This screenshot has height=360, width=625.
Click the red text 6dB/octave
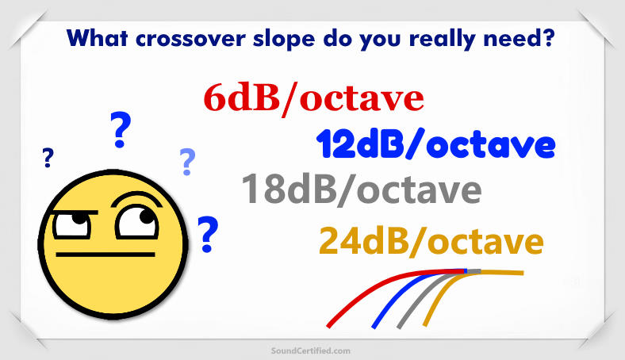coord(313,99)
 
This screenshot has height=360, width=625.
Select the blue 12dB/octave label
coord(435,145)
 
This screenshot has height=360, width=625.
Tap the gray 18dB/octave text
coord(361,190)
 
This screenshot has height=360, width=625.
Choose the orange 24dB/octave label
coord(431,239)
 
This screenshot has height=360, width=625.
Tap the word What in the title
coord(95,36)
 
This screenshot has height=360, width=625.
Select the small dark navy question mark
coord(48,159)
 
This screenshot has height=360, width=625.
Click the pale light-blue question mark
coord(187,161)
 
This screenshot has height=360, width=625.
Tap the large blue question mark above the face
coord(120,131)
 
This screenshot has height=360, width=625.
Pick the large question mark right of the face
coord(208,234)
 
